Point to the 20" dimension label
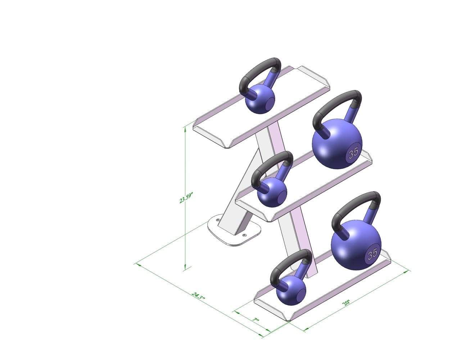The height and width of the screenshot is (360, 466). pos(346,302)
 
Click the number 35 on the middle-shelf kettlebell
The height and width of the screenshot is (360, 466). pos(353,152)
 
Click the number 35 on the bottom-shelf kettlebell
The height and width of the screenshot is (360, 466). pos(372,253)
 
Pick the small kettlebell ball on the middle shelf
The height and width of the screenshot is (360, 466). pos(272,193)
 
